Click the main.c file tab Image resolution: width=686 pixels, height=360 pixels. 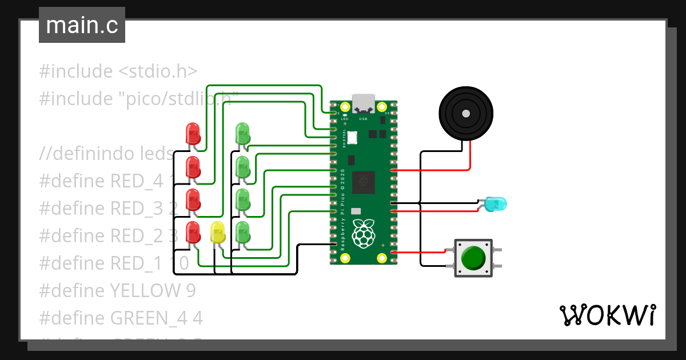[x=82, y=26]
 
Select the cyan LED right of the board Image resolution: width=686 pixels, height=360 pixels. [x=494, y=203]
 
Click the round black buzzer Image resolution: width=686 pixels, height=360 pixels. [x=465, y=113]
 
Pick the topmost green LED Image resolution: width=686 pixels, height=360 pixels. [x=243, y=134]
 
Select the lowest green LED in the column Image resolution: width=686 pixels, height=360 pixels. [x=243, y=232]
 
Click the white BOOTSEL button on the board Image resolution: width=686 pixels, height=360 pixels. [x=352, y=138]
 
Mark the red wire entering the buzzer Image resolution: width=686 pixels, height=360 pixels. [x=470, y=154]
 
